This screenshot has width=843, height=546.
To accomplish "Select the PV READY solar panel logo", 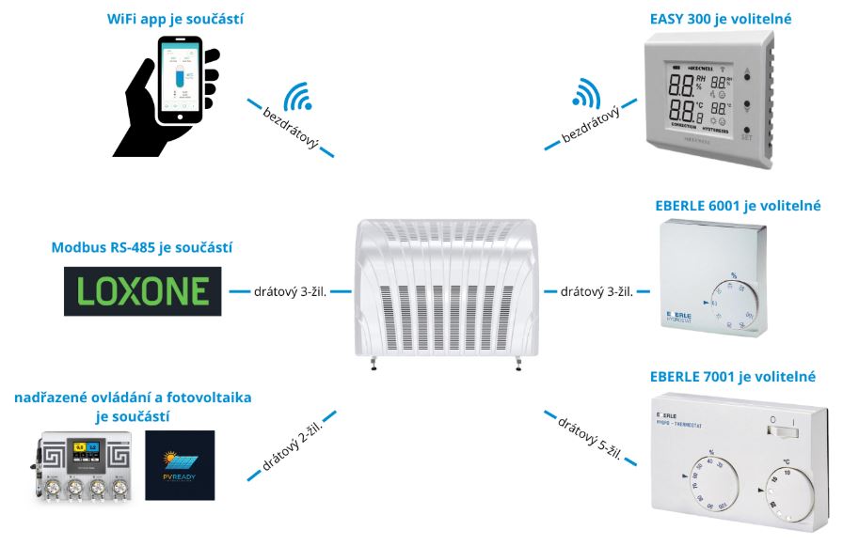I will click(x=180, y=465).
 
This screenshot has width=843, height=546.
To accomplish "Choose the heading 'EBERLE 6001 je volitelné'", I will click(x=739, y=205).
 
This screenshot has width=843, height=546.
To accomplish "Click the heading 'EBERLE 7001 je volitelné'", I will click(x=733, y=377).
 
